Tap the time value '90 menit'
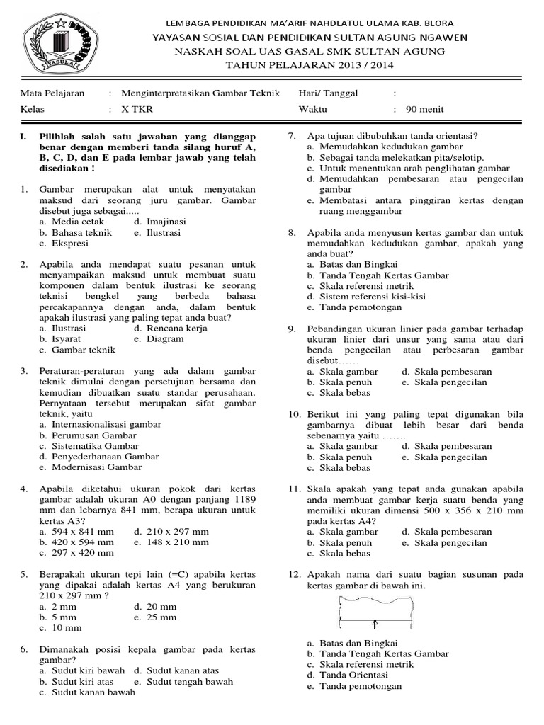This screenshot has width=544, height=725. pos(424,109)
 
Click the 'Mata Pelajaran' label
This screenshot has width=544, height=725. pos(52,93)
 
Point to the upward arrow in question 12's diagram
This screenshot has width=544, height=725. pos(375,624)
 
